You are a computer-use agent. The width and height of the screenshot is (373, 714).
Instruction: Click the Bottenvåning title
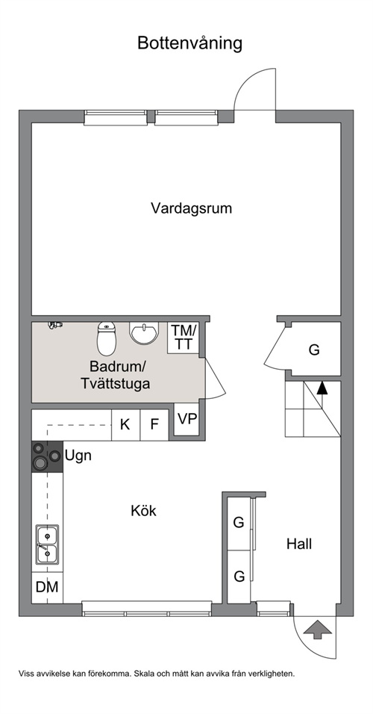[x=189, y=44]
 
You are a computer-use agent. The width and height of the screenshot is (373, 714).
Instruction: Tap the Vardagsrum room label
[x=192, y=208]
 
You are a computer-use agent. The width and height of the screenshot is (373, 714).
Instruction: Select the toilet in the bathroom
[x=107, y=339]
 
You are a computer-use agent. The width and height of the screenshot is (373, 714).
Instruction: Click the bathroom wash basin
[x=144, y=333]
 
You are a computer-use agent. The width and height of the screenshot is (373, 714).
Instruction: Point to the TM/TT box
[x=184, y=338]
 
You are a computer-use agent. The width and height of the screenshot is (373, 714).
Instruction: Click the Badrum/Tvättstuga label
[x=116, y=375]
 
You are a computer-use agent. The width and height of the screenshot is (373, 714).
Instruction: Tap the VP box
[x=187, y=420]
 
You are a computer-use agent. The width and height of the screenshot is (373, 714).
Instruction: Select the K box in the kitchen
[x=125, y=425]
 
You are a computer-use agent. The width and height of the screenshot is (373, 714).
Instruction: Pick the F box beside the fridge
[x=154, y=425]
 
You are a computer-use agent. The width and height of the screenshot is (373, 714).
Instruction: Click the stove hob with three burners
[x=47, y=456]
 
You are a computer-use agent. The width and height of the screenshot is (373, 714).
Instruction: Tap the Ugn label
[x=78, y=455]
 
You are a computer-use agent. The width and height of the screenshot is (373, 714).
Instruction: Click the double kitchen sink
[x=47, y=545]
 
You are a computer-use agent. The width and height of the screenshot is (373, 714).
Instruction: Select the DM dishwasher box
[x=47, y=587]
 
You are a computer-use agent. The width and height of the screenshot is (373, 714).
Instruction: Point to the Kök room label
[x=143, y=511]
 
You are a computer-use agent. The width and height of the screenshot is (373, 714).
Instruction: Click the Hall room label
[x=299, y=544]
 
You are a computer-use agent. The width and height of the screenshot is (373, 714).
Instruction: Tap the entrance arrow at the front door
[x=318, y=631]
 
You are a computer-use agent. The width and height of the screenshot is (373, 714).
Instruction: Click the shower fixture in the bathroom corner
[x=55, y=325]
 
